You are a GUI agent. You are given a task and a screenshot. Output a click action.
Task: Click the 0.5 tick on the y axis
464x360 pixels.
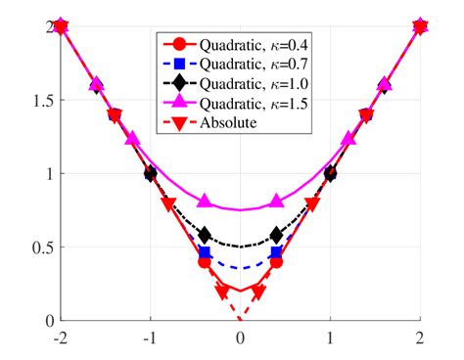click(39, 247)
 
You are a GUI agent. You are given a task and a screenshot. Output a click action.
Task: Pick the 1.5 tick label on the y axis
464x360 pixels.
click(39, 100)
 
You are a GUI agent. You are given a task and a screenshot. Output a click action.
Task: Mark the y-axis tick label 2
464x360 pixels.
click(47, 26)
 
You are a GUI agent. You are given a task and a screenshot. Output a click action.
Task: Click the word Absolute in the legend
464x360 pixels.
click(226, 123)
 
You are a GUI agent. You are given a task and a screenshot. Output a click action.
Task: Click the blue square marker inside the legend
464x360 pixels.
click(178, 65)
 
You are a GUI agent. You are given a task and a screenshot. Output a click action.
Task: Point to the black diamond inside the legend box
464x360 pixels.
click(178, 84)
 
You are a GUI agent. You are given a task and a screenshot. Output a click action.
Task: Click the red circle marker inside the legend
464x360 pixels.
click(178, 45)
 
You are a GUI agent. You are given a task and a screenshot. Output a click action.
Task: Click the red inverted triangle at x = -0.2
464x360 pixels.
click(222, 291)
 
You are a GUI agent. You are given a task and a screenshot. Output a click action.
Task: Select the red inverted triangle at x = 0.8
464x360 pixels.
click(312, 203)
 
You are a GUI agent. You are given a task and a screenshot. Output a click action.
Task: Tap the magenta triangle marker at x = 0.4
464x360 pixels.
click(276, 201)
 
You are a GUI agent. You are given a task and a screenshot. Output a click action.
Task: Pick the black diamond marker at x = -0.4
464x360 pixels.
click(204, 235)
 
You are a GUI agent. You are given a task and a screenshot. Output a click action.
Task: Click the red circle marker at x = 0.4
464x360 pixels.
click(276, 261)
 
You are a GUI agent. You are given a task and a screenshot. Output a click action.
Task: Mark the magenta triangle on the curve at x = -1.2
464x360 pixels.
click(131, 139)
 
